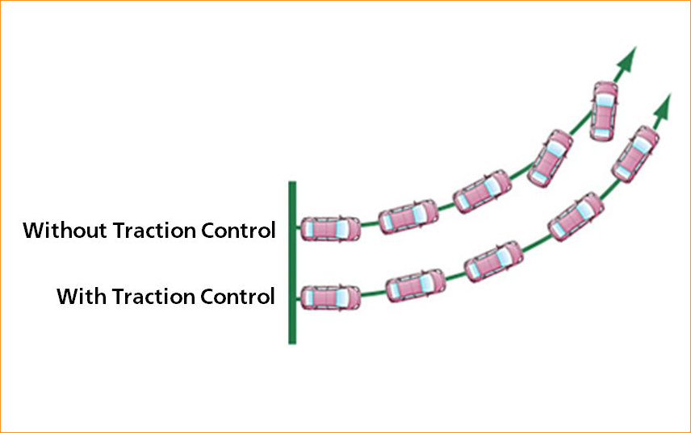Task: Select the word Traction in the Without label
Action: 153,231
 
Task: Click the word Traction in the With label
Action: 153,297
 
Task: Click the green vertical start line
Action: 292,262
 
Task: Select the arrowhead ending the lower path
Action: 664,105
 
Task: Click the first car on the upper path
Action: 331,229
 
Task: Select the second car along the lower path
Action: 415,285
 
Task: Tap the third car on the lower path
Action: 493,261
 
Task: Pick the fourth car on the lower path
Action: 575,216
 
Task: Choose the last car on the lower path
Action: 634,154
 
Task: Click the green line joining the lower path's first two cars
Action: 374,294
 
